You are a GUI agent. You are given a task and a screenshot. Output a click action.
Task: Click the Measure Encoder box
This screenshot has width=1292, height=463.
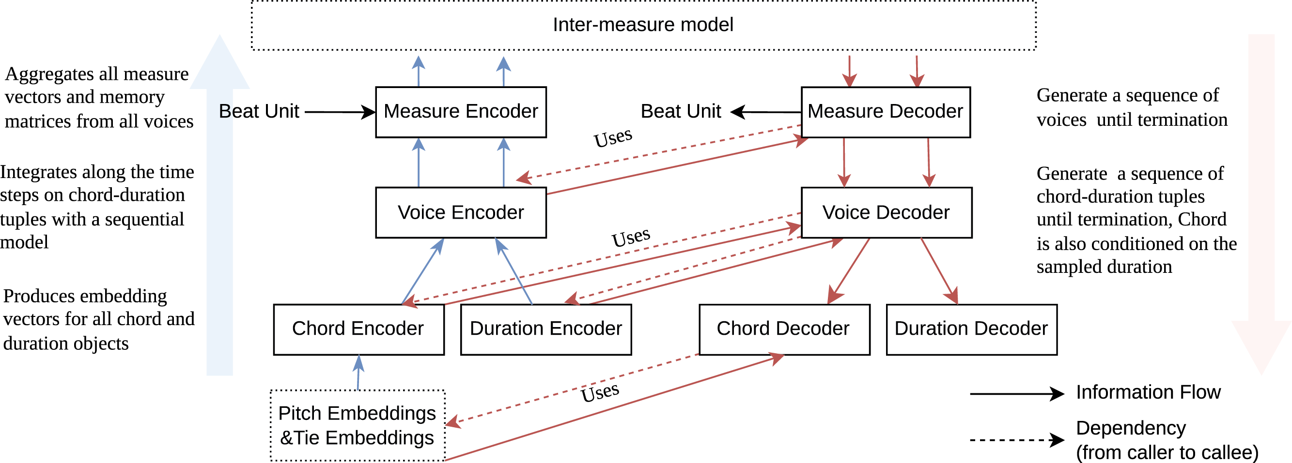461,112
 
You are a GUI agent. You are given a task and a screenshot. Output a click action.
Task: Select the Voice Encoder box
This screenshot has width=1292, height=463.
461,212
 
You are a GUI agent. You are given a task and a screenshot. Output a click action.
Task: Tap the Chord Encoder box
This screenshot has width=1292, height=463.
358,329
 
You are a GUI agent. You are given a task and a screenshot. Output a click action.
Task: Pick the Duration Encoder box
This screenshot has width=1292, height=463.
545,329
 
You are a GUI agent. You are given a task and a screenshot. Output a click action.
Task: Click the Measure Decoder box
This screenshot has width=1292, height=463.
885,112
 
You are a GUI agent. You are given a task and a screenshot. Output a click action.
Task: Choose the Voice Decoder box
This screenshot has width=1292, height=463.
886,212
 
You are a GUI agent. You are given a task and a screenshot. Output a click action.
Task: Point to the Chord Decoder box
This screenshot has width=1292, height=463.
784,329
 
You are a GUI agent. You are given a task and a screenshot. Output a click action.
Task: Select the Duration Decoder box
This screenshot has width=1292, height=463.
971,329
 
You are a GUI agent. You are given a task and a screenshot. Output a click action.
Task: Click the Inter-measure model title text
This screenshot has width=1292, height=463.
643,25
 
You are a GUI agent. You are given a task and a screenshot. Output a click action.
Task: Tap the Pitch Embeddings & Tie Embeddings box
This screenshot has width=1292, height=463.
357,425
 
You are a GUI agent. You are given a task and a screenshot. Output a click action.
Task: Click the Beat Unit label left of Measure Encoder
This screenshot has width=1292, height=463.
259,111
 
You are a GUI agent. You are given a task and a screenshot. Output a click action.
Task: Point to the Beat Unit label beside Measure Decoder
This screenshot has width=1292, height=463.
681,111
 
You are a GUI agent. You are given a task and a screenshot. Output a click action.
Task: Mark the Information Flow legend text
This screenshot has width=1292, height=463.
1148,392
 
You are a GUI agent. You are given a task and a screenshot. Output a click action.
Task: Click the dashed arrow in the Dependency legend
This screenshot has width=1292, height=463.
1016,440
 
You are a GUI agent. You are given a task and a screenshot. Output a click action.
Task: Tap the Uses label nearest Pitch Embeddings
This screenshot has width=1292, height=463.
600,392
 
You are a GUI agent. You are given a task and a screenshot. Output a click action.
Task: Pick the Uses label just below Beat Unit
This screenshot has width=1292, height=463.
613,137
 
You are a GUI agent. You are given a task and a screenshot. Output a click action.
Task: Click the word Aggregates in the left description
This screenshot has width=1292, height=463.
49,74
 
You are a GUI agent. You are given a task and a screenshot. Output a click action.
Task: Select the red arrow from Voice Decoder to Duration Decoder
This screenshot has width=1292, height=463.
939,270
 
